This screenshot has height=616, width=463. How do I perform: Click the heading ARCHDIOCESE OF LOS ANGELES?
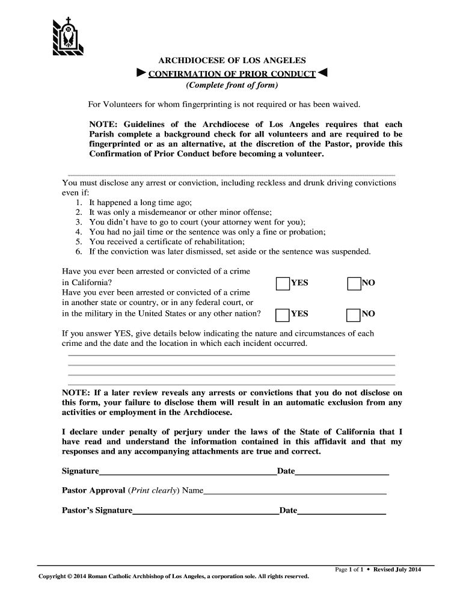coord(231,61)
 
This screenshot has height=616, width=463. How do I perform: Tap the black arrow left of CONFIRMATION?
coord(141,73)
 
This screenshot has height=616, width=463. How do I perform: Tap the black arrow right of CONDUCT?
coord(323,73)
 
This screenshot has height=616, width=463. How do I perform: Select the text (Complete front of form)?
coord(231,85)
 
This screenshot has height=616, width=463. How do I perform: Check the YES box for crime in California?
coord(283,283)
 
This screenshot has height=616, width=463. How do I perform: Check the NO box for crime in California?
coord(354,283)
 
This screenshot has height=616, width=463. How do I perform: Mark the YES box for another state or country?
coord(283,314)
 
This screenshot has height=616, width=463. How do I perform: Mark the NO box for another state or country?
coord(354,314)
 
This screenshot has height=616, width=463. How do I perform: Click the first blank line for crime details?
coord(231,355)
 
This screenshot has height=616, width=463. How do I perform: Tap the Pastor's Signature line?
coord(206,514)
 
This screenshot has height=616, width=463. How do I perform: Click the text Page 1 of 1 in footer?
coord(349,569)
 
